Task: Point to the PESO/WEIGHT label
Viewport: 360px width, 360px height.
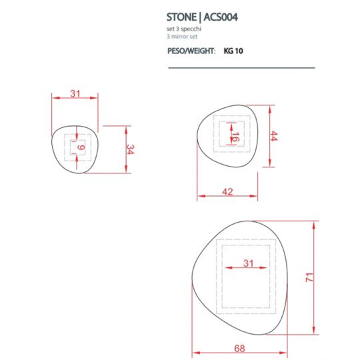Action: click(191, 51)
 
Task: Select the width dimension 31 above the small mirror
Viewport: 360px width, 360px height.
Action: click(75, 94)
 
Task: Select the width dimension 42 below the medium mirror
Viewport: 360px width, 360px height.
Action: click(227, 192)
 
